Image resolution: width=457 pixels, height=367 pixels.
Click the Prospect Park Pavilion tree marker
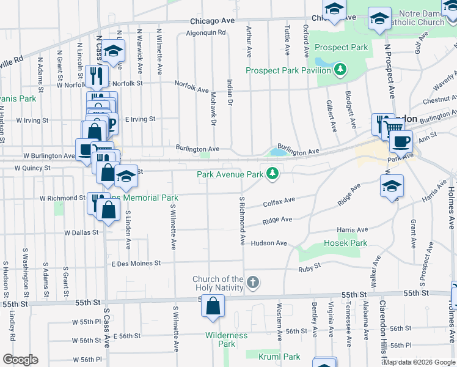tap(340, 71)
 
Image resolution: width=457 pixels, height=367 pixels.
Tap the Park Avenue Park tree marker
tap(272, 175)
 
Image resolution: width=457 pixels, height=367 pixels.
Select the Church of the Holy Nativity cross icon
tap(253, 282)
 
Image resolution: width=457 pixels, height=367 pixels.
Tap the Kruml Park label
tap(279, 357)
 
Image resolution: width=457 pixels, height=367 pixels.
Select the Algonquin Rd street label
tap(206, 33)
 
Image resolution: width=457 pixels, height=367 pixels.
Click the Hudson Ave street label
tap(268, 243)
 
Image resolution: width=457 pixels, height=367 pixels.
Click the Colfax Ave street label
tap(279, 200)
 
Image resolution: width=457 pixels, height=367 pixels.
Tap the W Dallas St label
tap(81, 232)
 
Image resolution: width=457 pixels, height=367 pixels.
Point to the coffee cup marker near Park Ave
tap(401, 141)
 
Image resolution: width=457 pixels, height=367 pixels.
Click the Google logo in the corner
tap(20, 360)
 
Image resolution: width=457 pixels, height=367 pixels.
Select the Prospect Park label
tap(341, 47)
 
